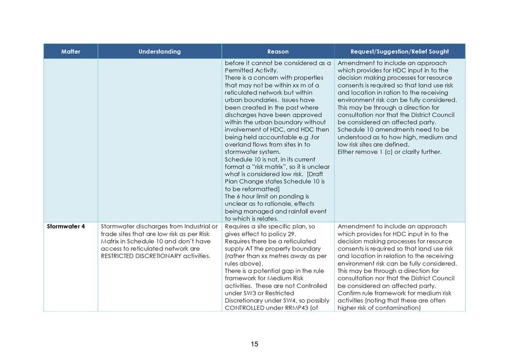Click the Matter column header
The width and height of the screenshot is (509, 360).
70,51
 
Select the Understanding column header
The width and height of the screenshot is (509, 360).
159,51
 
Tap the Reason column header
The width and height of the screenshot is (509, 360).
278,51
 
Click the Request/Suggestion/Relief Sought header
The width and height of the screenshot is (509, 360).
399,51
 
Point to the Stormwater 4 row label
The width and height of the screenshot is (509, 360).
65,227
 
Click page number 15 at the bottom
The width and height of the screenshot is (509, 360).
255,344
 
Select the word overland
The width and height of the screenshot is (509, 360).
237,144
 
